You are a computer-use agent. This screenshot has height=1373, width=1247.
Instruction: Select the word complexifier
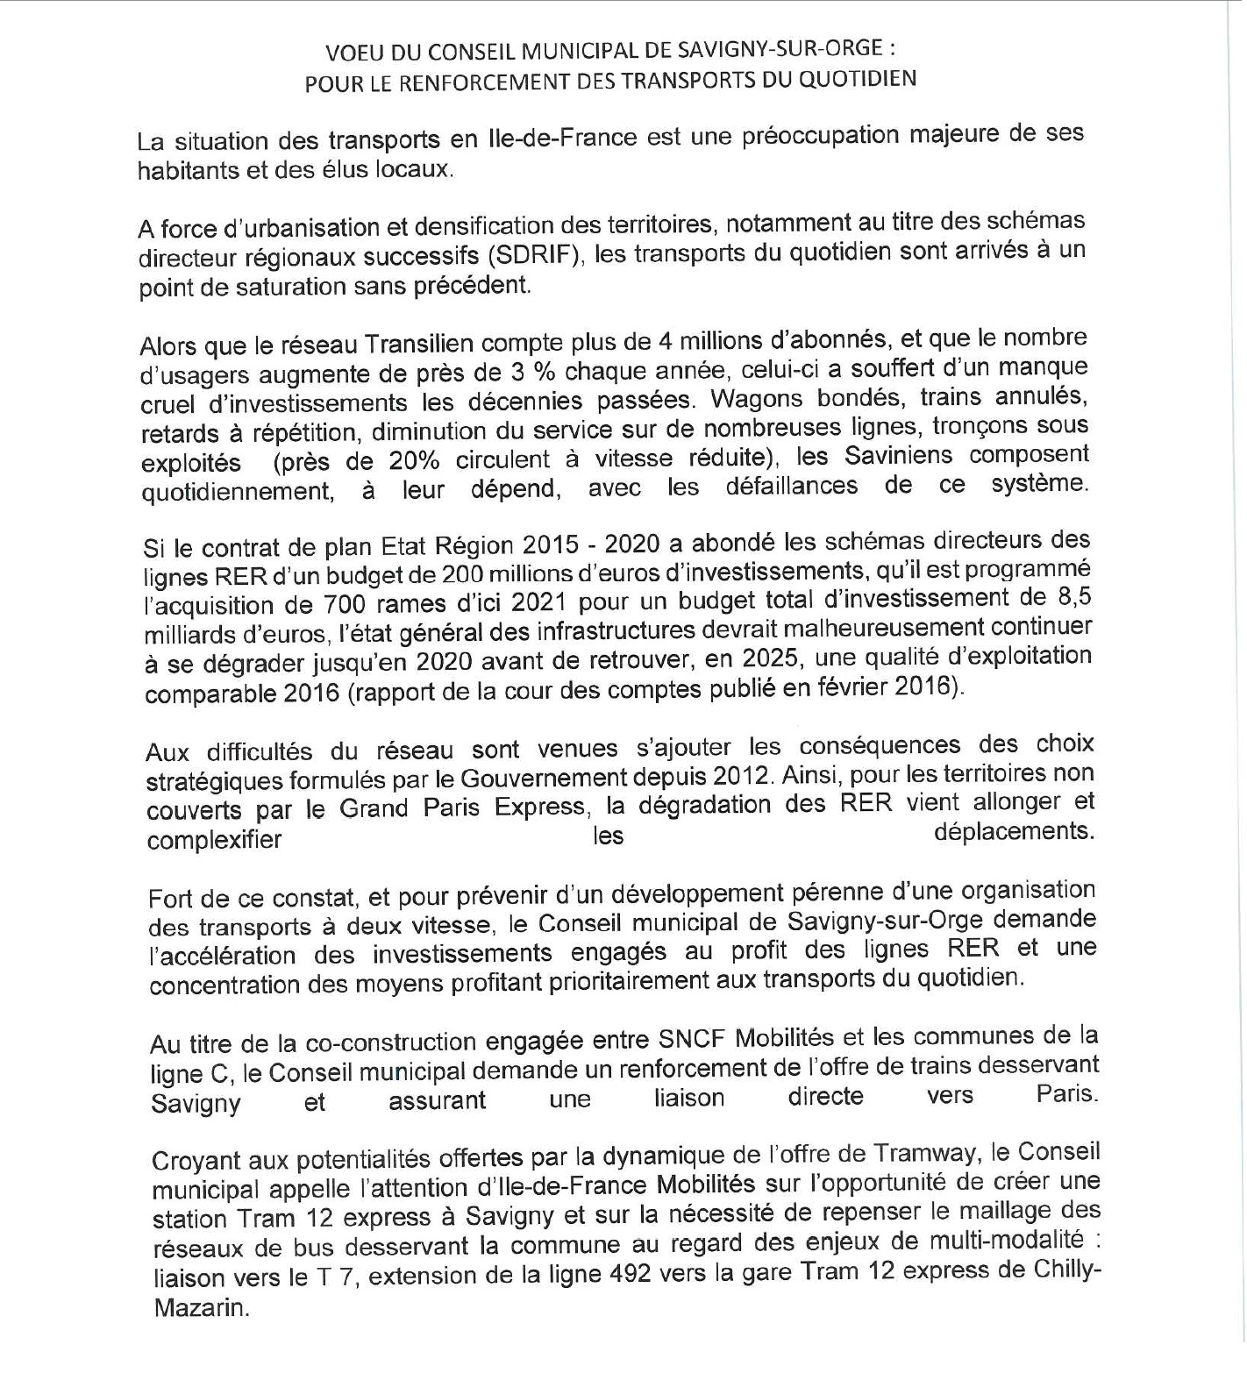tap(215, 840)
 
